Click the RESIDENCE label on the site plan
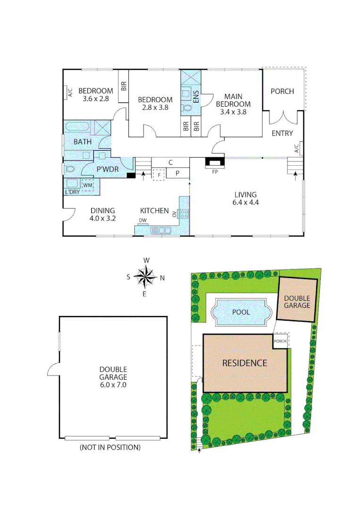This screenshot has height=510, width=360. click(x=244, y=363)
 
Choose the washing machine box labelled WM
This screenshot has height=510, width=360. click(x=87, y=185)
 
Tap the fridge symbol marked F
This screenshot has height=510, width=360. click(x=159, y=174)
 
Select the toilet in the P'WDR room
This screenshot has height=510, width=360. click(x=70, y=169)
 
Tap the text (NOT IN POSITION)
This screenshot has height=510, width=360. click(x=109, y=447)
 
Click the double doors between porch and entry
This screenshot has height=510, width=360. click(x=283, y=117)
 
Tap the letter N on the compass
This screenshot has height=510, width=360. click(x=162, y=278)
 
